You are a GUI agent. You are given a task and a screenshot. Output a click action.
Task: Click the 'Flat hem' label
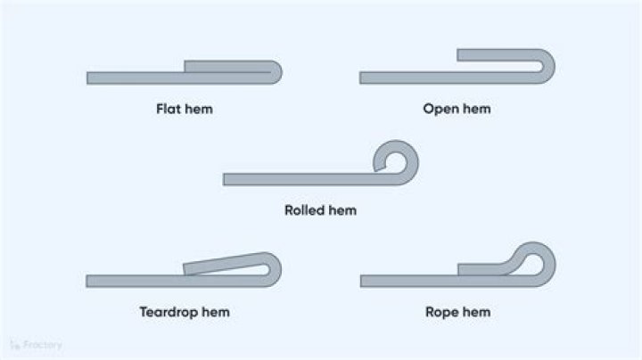[185, 110]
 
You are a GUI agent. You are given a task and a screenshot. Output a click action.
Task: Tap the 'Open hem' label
[457, 109]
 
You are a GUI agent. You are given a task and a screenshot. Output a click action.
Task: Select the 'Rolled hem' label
[320, 210]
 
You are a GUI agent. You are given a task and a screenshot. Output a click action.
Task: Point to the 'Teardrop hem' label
[185, 312]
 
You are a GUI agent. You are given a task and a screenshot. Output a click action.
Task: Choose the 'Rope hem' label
[457, 312]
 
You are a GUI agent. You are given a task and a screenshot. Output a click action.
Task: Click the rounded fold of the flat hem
[276, 71]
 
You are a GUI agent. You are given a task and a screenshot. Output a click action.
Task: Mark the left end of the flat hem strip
[89, 78]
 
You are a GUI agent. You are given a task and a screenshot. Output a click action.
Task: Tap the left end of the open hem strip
[363, 78]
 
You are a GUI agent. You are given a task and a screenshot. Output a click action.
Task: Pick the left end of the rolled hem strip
[226, 179]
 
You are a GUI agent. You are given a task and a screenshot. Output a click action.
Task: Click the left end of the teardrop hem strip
[89, 281]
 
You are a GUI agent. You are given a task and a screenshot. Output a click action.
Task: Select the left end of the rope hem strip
[363, 281]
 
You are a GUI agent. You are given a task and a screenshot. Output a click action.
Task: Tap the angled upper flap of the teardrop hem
[223, 264]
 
